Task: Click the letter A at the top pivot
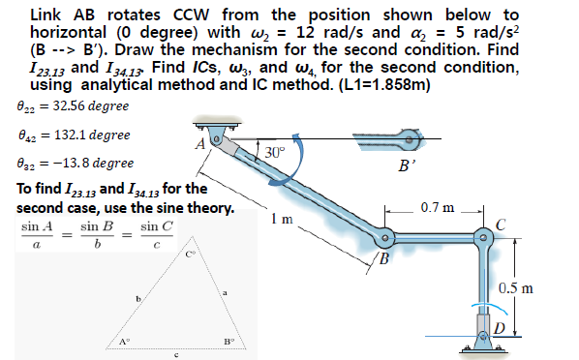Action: (198, 144)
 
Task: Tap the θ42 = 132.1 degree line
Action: (75, 135)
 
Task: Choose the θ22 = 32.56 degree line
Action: (74, 105)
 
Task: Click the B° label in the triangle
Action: (229, 341)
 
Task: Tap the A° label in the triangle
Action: (125, 341)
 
